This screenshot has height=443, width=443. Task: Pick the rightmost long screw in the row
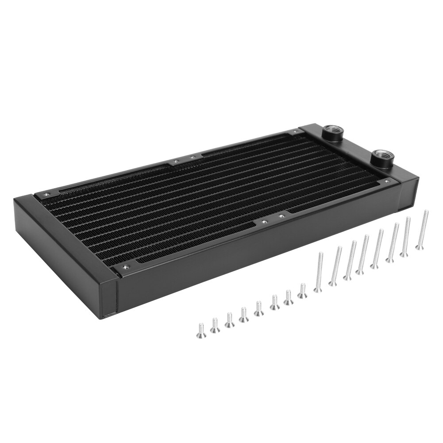click(422, 230)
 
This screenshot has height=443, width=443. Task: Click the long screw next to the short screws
click(318, 272)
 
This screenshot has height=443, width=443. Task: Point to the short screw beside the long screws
click(303, 291)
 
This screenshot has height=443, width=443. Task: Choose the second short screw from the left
click(215, 325)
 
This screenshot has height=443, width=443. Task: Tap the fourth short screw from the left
click(244, 315)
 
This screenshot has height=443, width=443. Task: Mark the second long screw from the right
click(405, 237)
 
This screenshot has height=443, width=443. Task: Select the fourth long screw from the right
click(378, 249)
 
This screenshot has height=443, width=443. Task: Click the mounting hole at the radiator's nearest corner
click(125, 267)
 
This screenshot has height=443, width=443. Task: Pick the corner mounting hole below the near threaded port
click(387, 181)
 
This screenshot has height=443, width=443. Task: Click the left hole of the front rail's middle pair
click(264, 222)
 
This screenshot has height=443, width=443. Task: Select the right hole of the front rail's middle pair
click(281, 216)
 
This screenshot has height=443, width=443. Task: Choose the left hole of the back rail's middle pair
click(176, 162)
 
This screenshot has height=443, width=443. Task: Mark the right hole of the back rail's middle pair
click(192, 157)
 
